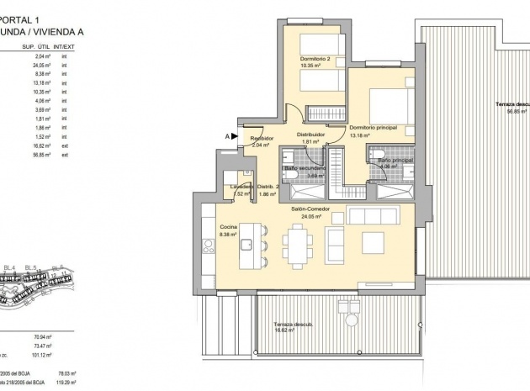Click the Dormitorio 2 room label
tap(314, 58)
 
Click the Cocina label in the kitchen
tap(228, 227)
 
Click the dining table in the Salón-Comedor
tap(297, 246)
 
